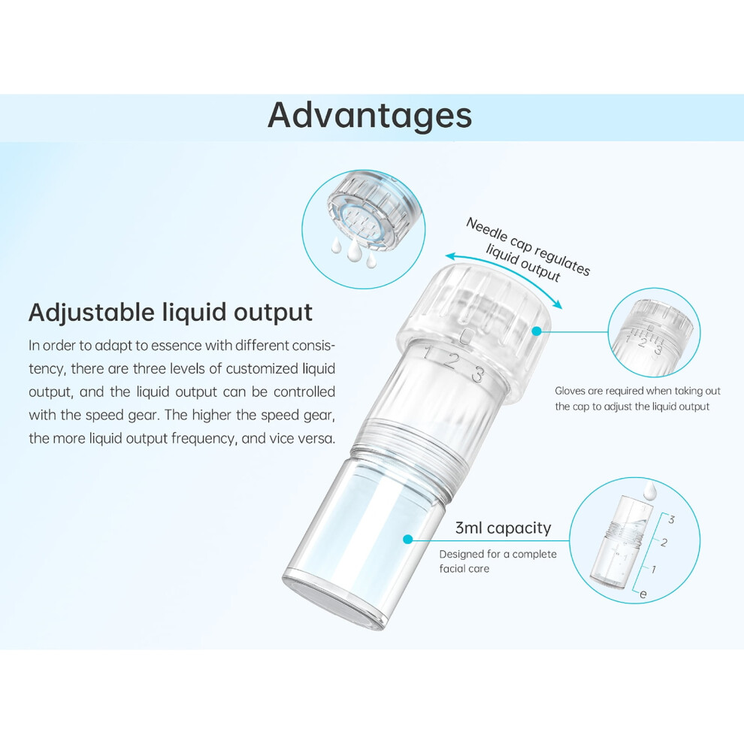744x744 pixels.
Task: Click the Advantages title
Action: tap(370, 116)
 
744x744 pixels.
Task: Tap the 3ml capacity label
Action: tap(503, 528)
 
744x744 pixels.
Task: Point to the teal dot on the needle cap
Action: tap(537, 331)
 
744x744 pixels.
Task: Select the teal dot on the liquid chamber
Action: tap(407, 539)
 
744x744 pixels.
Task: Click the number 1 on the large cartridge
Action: tap(428, 353)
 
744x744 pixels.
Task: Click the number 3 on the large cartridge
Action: tap(478, 375)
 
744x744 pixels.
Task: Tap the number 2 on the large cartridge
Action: tap(451, 362)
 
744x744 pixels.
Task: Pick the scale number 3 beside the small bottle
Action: tap(671, 519)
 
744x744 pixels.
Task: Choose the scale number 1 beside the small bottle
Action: tap(655, 568)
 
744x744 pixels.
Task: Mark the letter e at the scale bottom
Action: tap(643, 594)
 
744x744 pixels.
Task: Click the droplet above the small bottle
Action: tap(649, 490)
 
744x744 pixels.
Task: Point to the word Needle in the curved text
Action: tap(482, 230)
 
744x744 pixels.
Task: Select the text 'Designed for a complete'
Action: tap(498, 554)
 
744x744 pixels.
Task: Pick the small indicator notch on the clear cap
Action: tap(466, 335)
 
